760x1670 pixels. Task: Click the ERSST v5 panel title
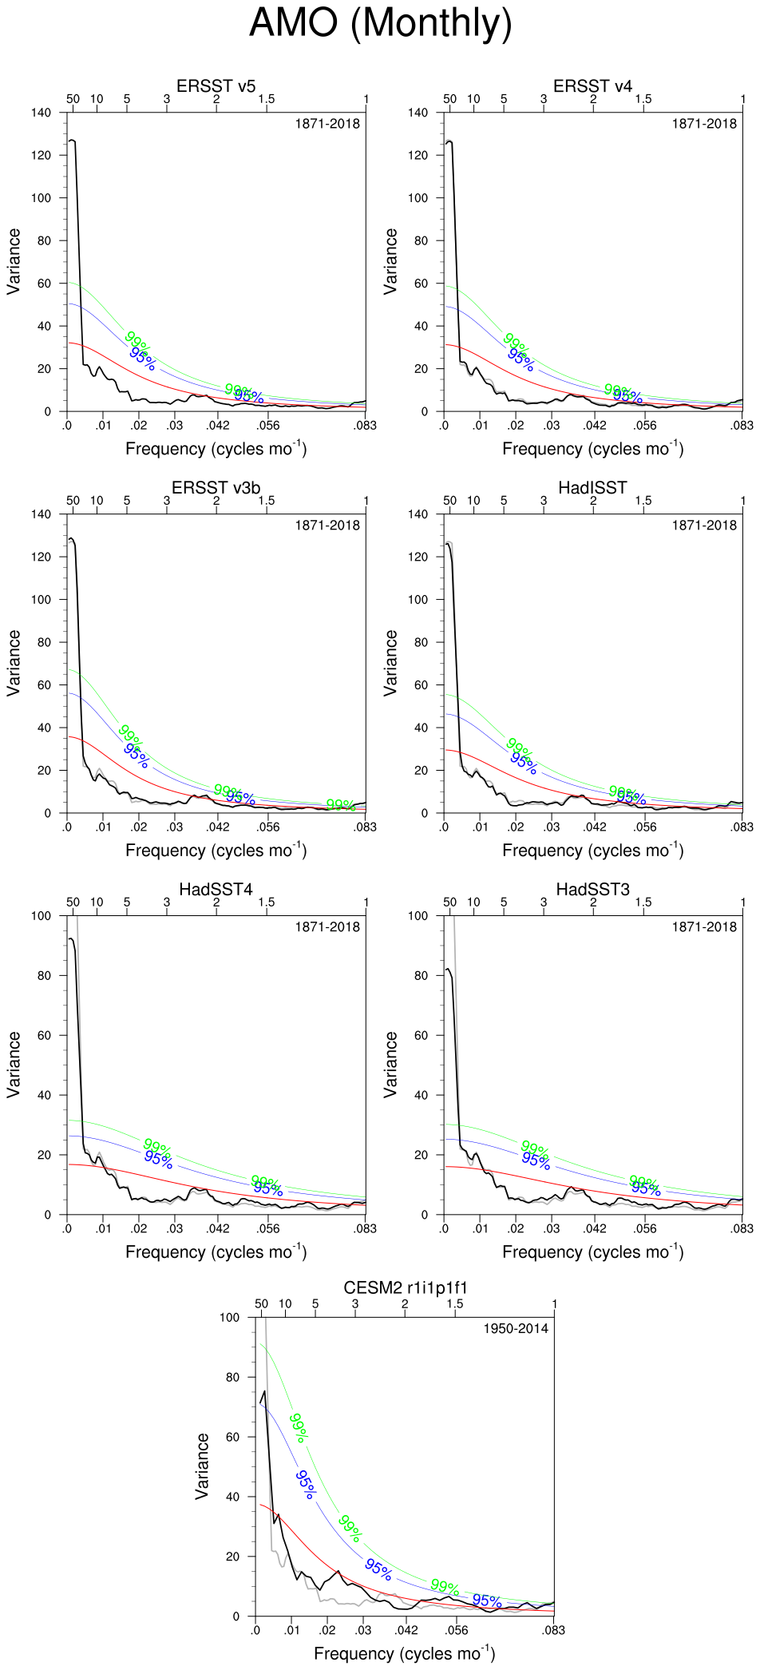(x=216, y=86)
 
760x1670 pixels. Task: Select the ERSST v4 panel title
(x=592, y=86)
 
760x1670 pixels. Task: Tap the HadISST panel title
(x=592, y=488)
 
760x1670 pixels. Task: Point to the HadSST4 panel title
(x=216, y=890)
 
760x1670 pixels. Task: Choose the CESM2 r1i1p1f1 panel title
(x=405, y=1288)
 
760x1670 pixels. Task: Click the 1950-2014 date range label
(x=516, y=1329)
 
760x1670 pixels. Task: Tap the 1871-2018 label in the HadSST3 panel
(x=704, y=927)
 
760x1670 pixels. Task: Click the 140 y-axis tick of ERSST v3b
(x=41, y=514)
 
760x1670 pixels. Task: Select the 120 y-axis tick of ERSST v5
(x=41, y=155)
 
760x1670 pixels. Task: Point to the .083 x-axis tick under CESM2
(x=553, y=1631)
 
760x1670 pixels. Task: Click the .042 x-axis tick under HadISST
(x=595, y=827)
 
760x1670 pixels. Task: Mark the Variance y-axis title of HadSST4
(x=14, y=1065)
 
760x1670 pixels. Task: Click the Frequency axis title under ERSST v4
(x=592, y=449)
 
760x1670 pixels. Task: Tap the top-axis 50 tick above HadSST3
(x=450, y=902)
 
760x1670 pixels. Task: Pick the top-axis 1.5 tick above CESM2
(x=455, y=1304)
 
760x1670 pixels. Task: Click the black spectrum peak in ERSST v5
(x=73, y=141)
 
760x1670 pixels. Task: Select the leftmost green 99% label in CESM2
(x=298, y=1428)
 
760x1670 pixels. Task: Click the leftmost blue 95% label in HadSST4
(x=158, y=1160)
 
